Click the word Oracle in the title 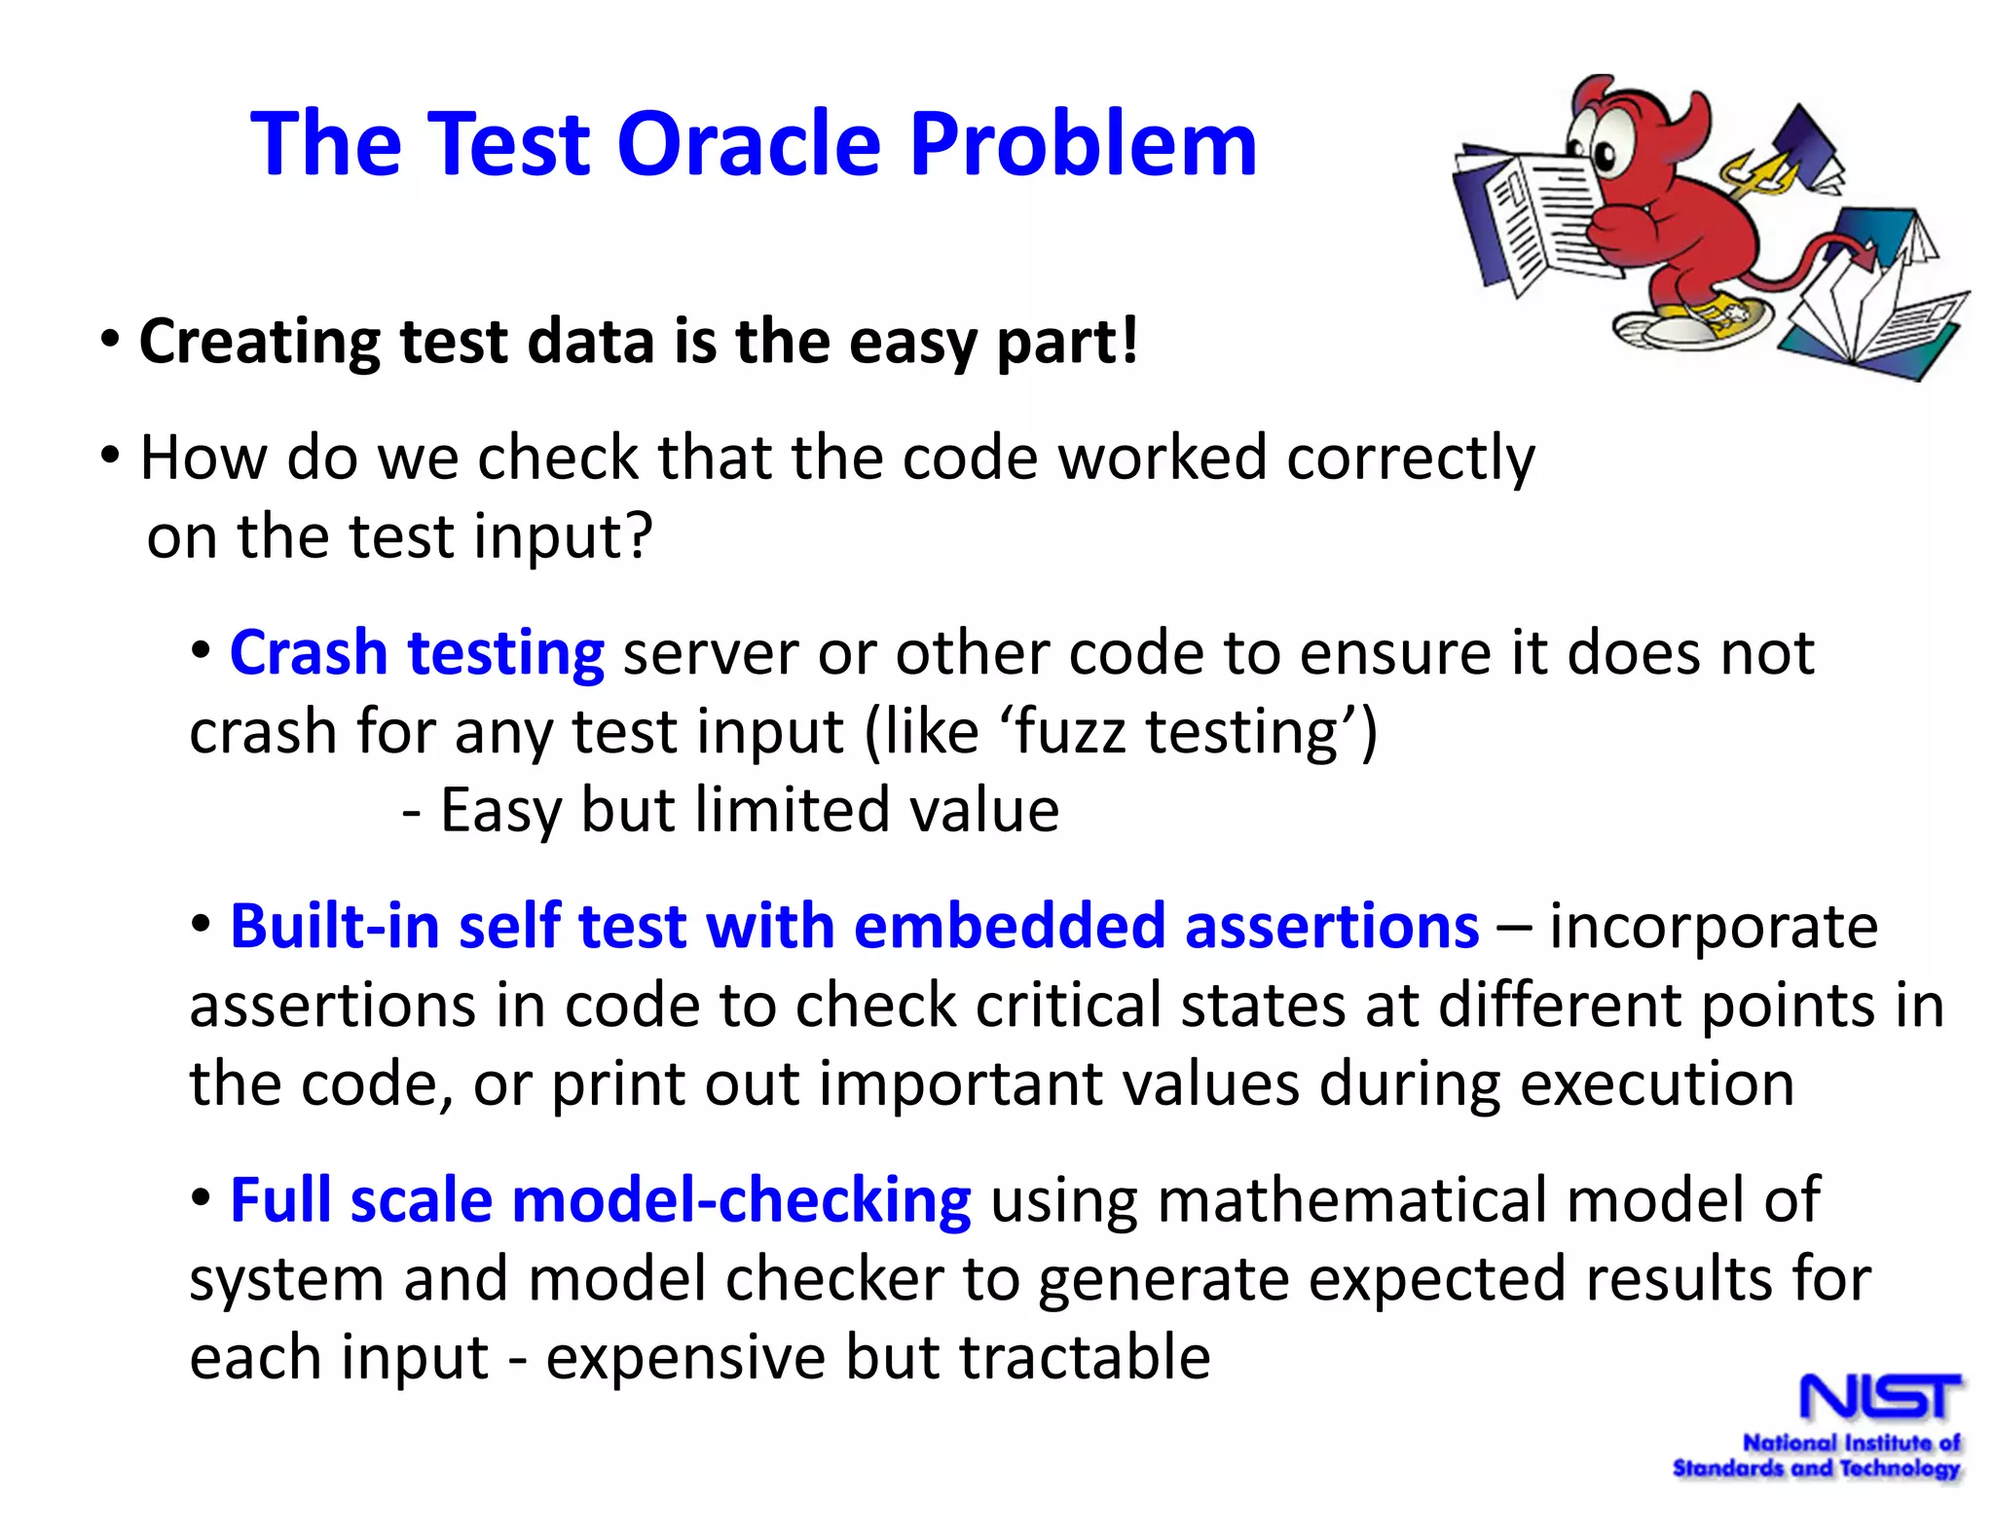point(749,144)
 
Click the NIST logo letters point(1880,1398)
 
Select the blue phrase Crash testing point(417,652)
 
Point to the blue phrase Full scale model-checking point(600,1200)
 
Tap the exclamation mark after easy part point(1127,341)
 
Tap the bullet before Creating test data point(110,341)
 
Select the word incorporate point(1714,926)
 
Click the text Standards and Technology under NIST point(1816,1468)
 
